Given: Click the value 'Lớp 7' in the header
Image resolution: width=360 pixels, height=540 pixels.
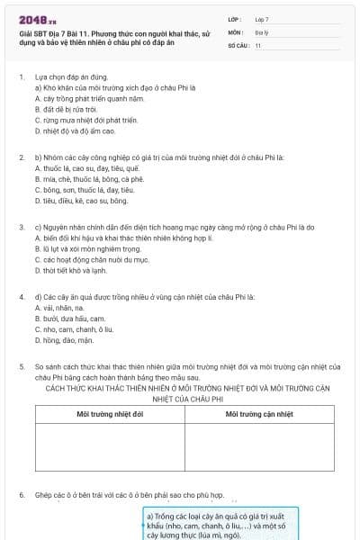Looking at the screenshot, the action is click(x=262, y=18).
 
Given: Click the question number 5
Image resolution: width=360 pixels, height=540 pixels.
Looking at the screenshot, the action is click(x=21, y=367).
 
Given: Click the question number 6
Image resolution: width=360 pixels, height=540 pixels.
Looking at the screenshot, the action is click(x=21, y=495).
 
